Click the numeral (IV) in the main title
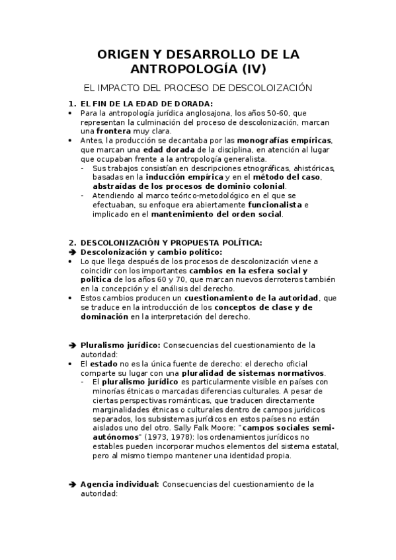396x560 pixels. pyautogui.click(x=253, y=68)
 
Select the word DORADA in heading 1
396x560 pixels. pyautogui.click(x=189, y=104)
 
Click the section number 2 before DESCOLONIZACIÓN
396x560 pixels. pyautogui.click(x=72, y=242)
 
